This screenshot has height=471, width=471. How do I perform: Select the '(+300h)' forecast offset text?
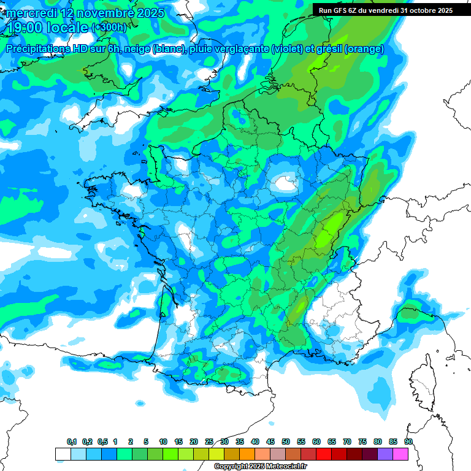[109, 28]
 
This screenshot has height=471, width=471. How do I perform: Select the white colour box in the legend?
[63, 454]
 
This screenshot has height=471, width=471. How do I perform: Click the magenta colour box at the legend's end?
[400, 454]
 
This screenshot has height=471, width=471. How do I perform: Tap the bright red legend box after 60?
[324, 454]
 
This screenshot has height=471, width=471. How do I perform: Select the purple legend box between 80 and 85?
[385, 454]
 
